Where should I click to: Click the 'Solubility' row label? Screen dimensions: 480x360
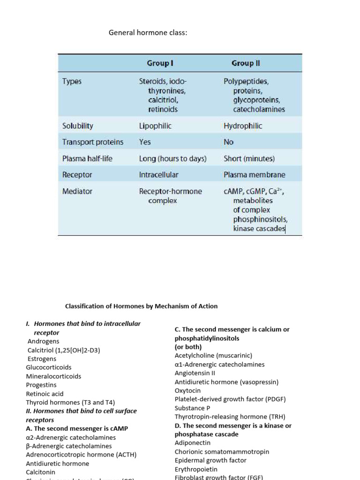(77, 126)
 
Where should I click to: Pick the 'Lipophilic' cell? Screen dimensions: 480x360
(155, 126)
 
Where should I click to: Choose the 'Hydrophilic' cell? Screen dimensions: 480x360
(243, 126)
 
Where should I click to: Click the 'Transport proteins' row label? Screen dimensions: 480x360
(92, 142)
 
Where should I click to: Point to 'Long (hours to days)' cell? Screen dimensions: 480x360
(172, 158)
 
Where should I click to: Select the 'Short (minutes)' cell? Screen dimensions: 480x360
(249, 158)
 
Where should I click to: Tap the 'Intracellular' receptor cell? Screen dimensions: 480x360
(158, 175)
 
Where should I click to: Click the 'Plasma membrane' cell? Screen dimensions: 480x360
(254, 175)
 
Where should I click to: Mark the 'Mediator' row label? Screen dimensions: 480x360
(77, 191)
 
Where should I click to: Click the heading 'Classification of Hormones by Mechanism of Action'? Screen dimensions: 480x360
(141, 306)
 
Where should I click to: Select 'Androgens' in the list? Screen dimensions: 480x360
(42, 341)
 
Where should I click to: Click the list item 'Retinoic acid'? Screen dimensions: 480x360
(45, 394)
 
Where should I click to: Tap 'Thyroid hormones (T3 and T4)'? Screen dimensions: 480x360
(70, 402)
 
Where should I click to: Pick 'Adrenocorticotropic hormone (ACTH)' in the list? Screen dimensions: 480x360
(81, 455)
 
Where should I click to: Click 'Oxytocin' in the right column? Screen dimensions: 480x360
(187, 390)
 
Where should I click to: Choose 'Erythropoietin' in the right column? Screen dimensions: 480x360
(195, 469)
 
